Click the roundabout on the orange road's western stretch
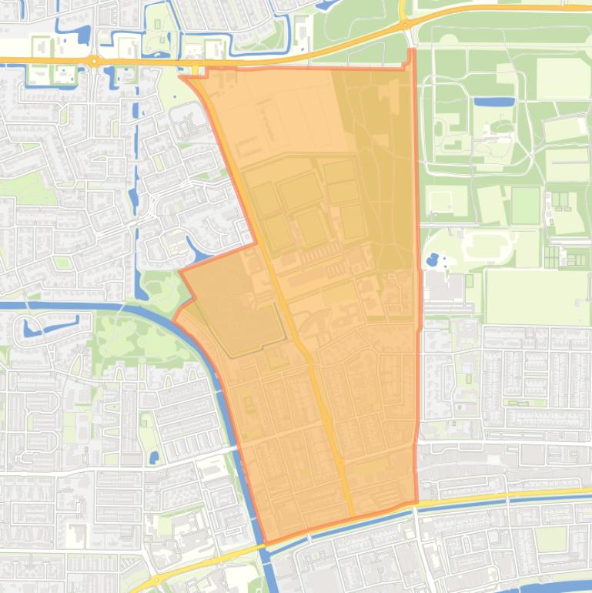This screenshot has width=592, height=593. [x=93, y=60]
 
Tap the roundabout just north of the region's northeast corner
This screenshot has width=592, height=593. [x=403, y=25]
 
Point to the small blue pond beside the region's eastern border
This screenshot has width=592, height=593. [x=432, y=259]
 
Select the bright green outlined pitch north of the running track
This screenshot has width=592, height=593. [x=526, y=205]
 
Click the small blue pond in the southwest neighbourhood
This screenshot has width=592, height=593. [x=153, y=457]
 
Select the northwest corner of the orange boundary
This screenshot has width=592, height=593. [x=181, y=75]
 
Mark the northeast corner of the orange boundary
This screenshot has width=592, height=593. [x=412, y=50]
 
